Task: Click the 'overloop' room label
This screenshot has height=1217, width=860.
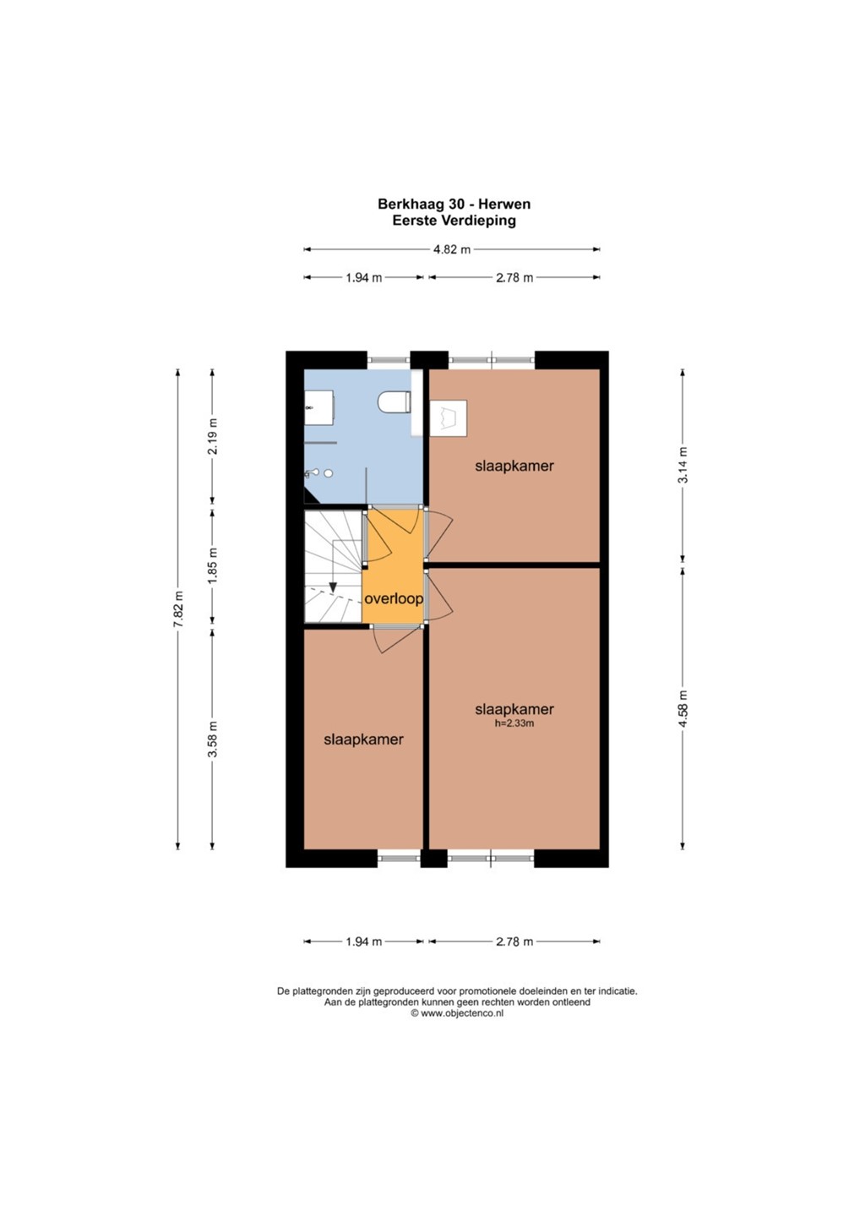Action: point(394,599)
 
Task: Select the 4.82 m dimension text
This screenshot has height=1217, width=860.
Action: point(452,250)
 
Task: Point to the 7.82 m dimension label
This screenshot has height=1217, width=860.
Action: point(178,608)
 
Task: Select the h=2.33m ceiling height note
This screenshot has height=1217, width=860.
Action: point(514,723)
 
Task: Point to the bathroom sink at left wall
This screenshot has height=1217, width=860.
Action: point(319,407)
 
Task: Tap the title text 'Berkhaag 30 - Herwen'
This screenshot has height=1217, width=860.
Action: point(454,205)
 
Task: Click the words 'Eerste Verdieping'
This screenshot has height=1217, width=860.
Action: point(454,221)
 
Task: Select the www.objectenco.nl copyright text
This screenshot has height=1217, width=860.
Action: point(456,1013)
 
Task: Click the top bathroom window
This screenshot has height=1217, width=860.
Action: point(389,360)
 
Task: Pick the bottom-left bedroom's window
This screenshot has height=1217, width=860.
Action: point(399,859)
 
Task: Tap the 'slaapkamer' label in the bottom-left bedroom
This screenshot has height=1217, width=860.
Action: point(364,739)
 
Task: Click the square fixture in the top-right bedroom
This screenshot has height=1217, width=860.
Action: point(449,417)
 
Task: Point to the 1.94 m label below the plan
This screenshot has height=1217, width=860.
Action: point(364,941)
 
